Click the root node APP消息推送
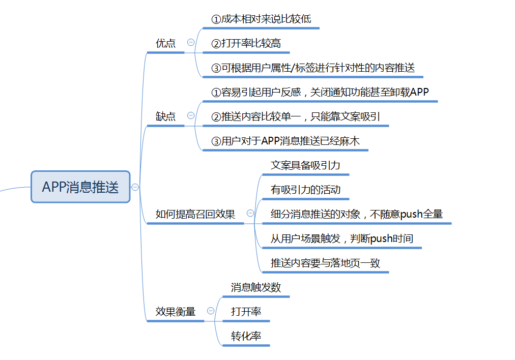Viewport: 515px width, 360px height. point(80,187)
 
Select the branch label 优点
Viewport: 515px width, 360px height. point(165,43)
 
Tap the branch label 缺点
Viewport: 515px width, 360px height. point(165,116)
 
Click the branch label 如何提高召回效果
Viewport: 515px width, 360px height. point(195,214)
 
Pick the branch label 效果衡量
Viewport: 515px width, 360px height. point(176,311)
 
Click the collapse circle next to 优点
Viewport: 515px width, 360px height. point(191,43)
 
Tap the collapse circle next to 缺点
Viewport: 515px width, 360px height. point(191,116)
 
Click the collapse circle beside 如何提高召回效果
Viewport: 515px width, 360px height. point(250,214)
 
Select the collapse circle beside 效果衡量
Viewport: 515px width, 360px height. point(211,311)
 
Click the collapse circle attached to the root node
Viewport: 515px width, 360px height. point(135,187)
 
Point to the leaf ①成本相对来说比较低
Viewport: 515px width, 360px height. point(261,19)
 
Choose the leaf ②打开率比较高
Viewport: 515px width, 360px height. point(246,43)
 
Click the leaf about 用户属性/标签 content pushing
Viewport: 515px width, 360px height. point(313,68)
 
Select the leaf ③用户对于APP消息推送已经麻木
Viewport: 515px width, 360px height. point(285,141)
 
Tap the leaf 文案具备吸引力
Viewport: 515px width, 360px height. point(305,165)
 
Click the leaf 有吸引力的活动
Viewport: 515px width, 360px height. point(305,190)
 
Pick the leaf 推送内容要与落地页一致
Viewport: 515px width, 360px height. point(325,263)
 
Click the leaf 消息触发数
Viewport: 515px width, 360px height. point(255,287)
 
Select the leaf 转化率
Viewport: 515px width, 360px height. point(246,336)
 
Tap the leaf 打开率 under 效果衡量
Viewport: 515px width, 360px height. point(246,312)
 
